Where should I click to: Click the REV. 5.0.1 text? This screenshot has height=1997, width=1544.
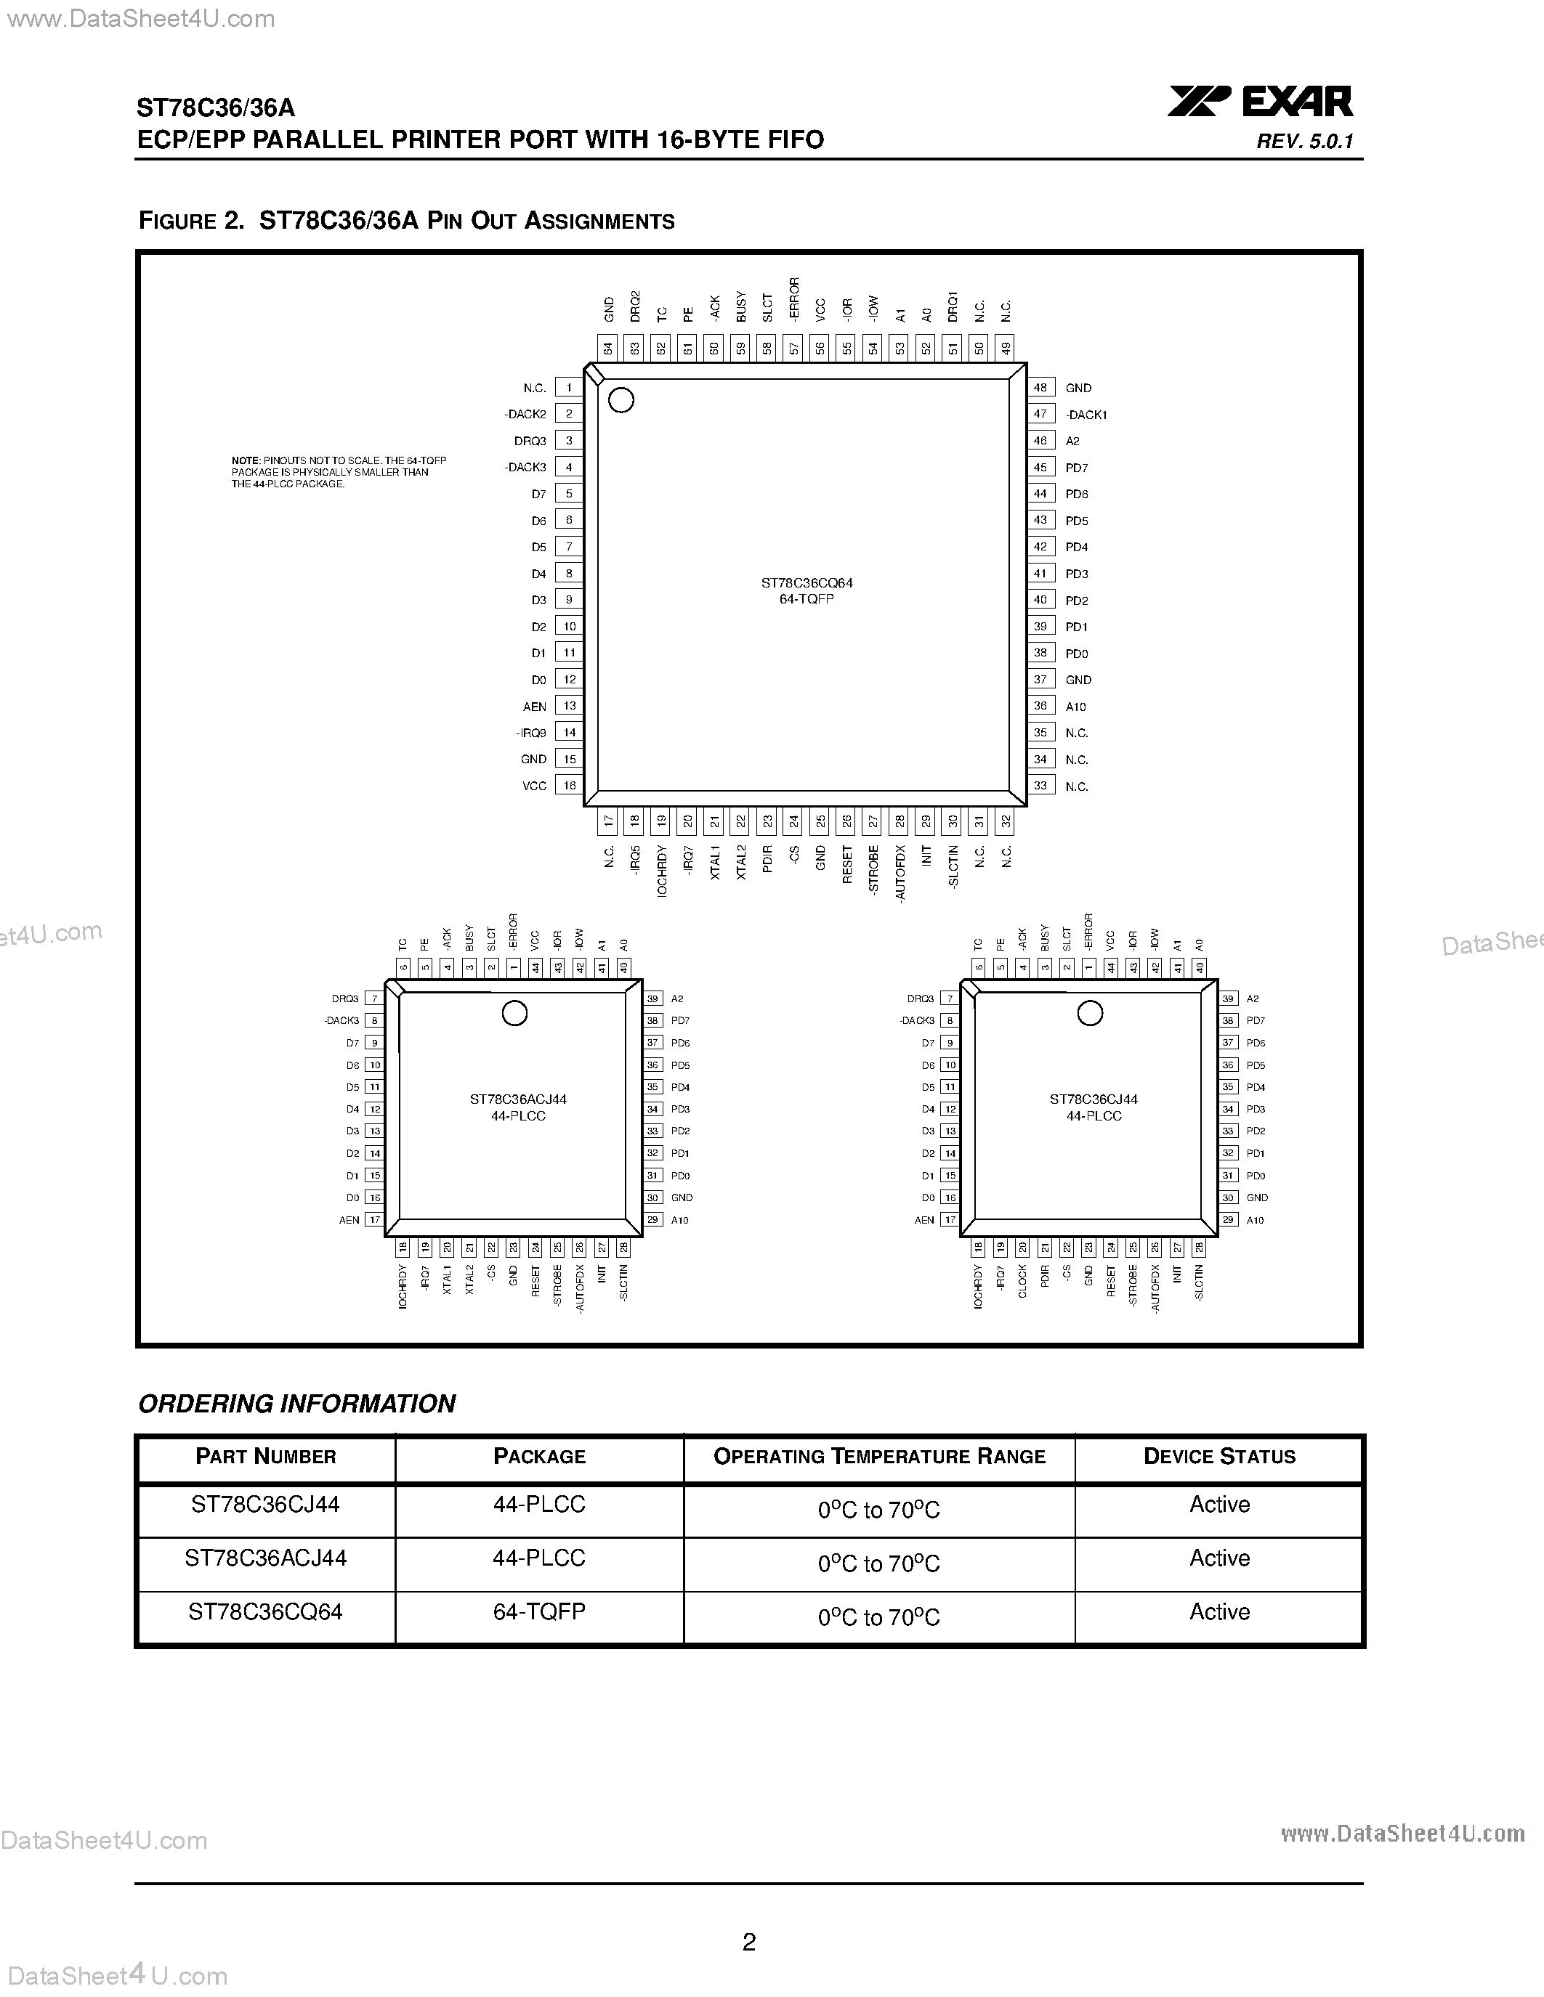[x=1304, y=142]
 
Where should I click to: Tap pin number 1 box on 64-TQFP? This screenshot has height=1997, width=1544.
[x=569, y=388]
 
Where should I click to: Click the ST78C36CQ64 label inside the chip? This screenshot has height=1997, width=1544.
[x=807, y=582]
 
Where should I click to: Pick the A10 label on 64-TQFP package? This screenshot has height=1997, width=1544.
[x=1075, y=707]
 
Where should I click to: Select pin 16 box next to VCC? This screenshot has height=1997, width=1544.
[x=569, y=786]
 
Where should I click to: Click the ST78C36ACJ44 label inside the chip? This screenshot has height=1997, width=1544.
[x=518, y=1099]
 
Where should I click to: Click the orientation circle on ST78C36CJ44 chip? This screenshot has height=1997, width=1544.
[x=1089, y=1013]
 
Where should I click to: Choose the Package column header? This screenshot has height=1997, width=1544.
[x=538, y=1457]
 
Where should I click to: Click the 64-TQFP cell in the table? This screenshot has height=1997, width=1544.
[x=538, y=1611]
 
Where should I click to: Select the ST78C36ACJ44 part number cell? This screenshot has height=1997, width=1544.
[x=265, y=1558]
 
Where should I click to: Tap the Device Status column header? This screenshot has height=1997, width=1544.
[x=1219, y=1457]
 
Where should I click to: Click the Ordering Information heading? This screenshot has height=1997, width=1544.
[x=296, y=1404]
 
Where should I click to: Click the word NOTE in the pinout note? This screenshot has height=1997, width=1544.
[x=245, y=461]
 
